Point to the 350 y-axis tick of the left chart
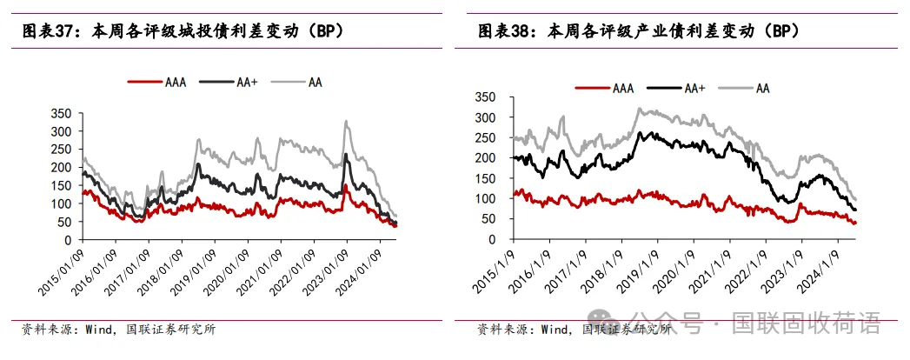tap(61, 113)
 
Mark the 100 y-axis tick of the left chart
tap(61, 203)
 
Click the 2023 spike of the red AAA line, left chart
tap(345, 186)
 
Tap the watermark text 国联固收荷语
tap(807, 324)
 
